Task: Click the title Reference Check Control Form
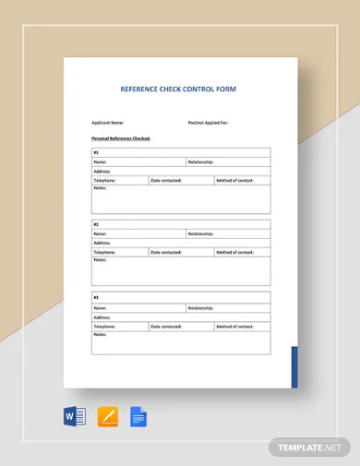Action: [x=179, y=90]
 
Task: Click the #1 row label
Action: [x=96, y=152]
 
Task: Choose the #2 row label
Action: [x=96, y=223]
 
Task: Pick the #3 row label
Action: [x=96, y=297]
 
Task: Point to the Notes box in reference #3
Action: [x=180, y=342]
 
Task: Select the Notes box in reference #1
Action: [x=180, y=198]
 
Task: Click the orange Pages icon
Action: [x=107, y=416]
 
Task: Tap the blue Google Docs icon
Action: [x=138, y=416]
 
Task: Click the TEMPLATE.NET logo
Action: [x=310, y=446]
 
